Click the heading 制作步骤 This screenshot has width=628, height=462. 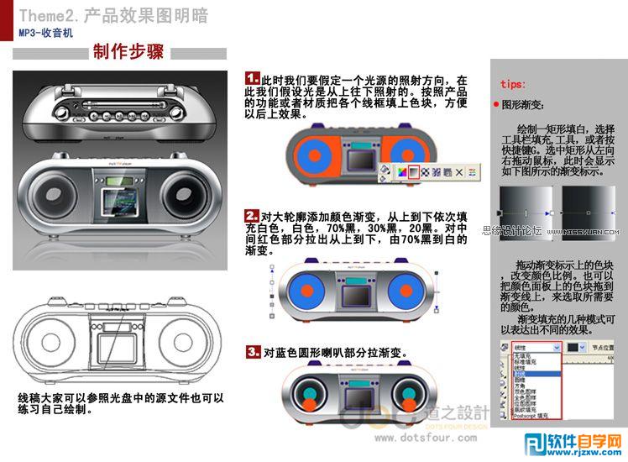point(128,53)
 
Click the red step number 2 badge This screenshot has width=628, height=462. point(252,216)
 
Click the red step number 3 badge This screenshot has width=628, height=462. point(253,352)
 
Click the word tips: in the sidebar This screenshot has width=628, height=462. point(513,84)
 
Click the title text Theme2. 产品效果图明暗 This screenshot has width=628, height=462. point(113,16)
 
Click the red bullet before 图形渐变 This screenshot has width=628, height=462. point(496,105)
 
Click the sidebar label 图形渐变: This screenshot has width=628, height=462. point(523,106)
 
